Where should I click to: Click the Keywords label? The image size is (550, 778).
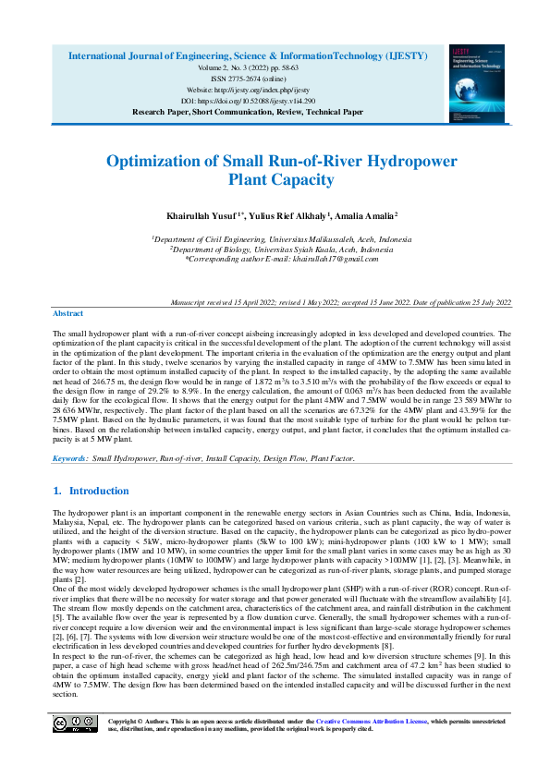click(71, 457)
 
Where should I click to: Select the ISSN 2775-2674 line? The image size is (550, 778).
click(248, 79)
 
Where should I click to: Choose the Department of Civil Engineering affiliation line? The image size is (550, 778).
click(282, 238)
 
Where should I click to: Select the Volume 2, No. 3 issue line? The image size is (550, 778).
click(248, 67)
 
